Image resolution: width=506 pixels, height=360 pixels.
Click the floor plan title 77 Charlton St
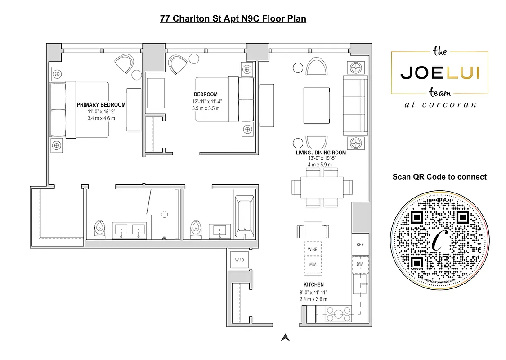click(x=233, y=18)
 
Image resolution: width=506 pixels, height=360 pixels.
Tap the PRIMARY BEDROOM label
click(x=101, y=105)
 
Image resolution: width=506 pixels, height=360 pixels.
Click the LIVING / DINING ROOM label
click(x=320, y=153)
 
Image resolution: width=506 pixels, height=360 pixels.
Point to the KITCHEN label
click(x=313, y=284)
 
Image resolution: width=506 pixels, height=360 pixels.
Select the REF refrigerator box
click(x=360, y=245)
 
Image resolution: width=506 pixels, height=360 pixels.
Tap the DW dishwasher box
click(x=360, y=264)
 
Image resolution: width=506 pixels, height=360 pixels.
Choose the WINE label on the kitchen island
click(x=312, y=249)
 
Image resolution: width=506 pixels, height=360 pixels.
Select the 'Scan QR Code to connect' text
click(x=439, y=177)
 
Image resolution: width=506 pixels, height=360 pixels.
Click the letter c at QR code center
click(x=439, y=242)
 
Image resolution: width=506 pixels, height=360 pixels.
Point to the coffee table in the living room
click(x=318, y=105)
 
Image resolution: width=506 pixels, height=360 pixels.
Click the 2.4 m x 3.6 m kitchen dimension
click(x=313, y=299)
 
